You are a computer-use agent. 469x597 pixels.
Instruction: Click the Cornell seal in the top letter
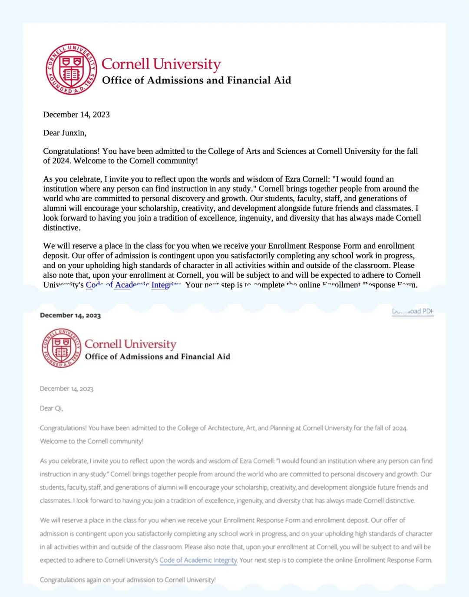(71, 69)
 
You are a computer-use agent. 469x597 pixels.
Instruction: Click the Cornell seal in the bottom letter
(62, 348)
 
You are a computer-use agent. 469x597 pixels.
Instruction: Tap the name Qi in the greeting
(58, 408)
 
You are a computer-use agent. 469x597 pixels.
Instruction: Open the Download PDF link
(413, 311)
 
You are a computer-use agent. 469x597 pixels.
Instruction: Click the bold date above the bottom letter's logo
(70, 315)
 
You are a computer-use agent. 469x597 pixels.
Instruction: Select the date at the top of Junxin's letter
(76, 115)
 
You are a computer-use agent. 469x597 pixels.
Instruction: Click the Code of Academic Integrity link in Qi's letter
(198, 560)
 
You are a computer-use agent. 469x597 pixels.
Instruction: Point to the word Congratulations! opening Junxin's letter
(72, 151)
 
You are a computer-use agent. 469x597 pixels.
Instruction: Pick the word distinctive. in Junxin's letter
(62, 228)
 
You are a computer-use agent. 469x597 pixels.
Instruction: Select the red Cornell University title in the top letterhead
(161, 64)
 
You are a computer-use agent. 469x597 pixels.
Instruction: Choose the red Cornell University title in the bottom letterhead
(130, 344)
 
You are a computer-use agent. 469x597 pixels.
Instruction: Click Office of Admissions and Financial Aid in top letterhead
(196, 80)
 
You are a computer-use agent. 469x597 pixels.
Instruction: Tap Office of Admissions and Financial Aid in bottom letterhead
(157, 356)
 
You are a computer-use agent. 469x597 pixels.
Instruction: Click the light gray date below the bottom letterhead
(66, 389)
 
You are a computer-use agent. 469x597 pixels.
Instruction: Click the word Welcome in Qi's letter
(53, 441)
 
